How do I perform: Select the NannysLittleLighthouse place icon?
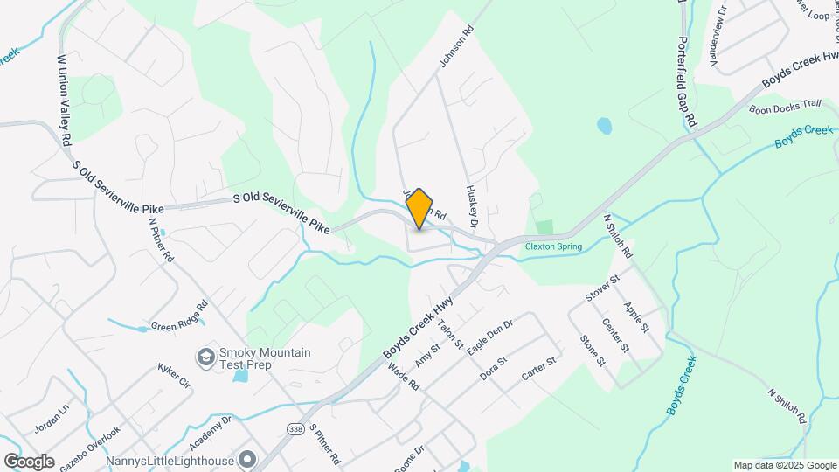[248, 459]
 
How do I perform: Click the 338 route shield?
[295, 427]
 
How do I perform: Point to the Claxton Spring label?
[552, 246]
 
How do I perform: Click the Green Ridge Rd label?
[179, 316]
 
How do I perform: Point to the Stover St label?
[602, 288]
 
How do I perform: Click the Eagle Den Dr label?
[489, 337]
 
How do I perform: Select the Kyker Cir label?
[174, 377]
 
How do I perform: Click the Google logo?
[29, 461]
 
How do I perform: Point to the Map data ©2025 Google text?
[784, 465]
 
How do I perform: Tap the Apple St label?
[636, 317]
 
